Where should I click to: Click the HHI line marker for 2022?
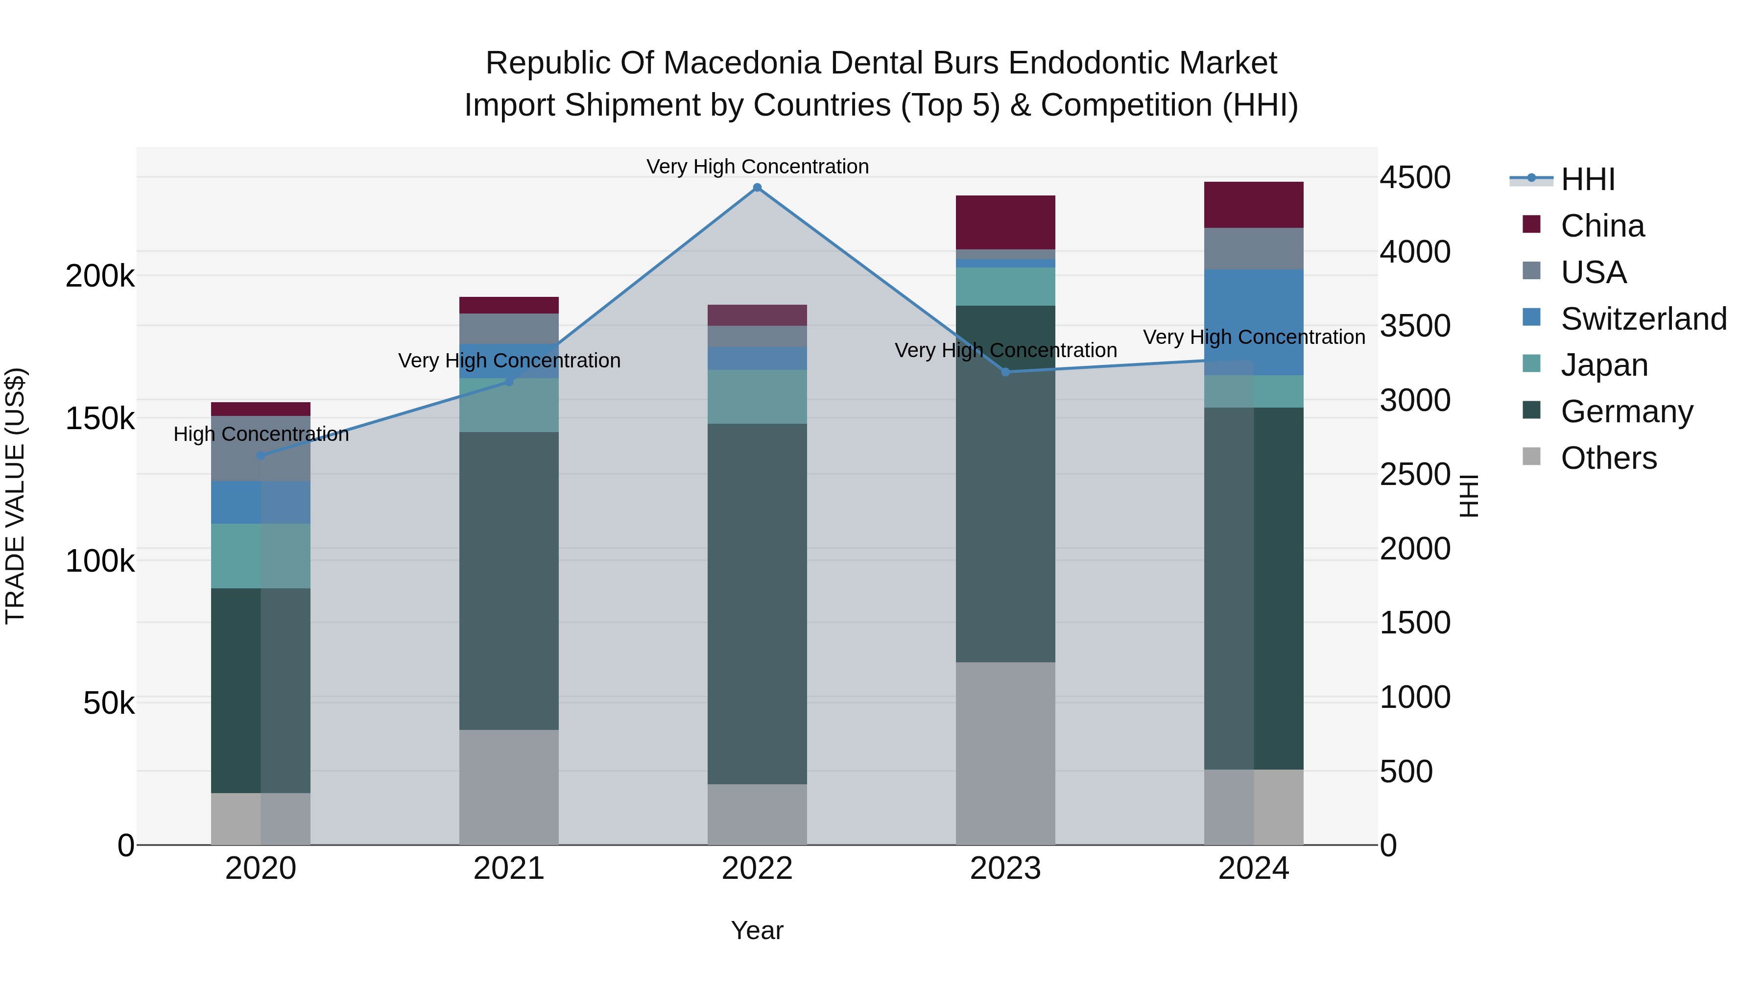pos(757,188)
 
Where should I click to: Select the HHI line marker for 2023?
pos(1005,372)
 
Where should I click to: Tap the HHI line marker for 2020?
pos(261,455)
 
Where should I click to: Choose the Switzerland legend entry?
pos(1643,319)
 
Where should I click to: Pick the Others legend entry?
pos(1608,458)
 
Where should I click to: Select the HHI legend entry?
pos(1588,179)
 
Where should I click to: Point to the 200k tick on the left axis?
pos(100,277)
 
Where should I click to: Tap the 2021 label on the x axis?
pos(508,869)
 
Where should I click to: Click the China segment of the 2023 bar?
pos(1005,222)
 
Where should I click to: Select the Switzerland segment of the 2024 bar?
pos(1254,322)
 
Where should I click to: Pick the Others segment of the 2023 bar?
pos(1005,753)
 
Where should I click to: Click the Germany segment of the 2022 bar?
pos(757,603)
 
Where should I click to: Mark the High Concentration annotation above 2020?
pos(261,434)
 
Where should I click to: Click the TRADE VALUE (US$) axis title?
pos(15,496)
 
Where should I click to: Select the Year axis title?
pos(757,930)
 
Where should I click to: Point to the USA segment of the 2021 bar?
pos(508,329)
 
